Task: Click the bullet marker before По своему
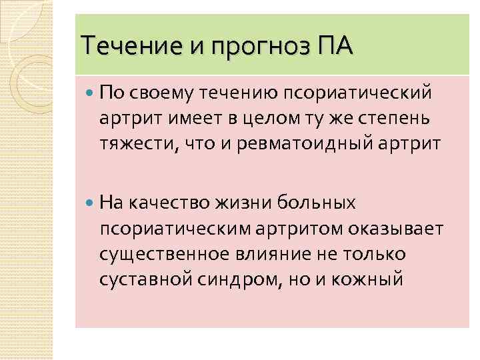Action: coord(91,91)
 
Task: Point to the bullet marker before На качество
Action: coord(91,203)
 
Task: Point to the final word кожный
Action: coord(369,279)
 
